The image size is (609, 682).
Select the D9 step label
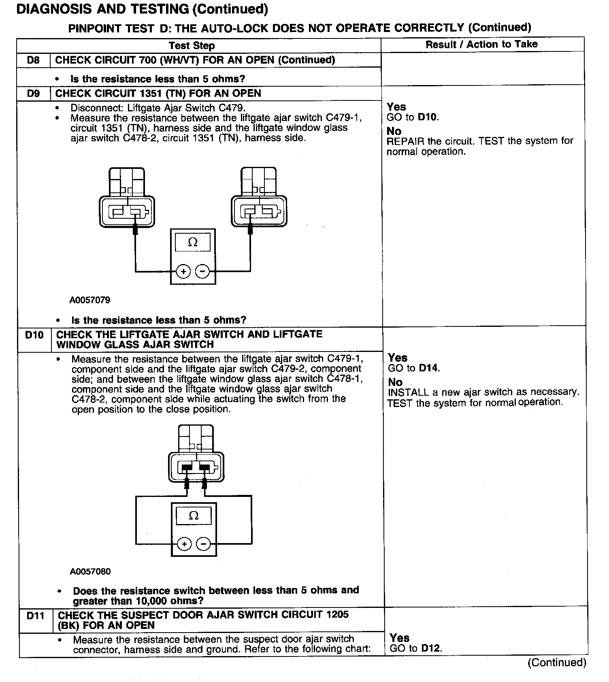33,94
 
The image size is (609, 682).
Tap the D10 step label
34,335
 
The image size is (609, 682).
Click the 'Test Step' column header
192,45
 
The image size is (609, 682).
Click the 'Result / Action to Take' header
481,44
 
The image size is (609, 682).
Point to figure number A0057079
90,301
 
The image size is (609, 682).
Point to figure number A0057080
90,571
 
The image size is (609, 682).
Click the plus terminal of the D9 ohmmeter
183,271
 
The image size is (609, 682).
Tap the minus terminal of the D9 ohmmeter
202,271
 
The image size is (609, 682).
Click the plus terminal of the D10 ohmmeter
184,544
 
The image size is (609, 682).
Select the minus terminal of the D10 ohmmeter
203,544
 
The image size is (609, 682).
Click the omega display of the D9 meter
193,243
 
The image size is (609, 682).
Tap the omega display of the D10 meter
194,516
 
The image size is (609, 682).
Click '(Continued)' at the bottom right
557,663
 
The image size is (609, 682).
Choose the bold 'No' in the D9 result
394,131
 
